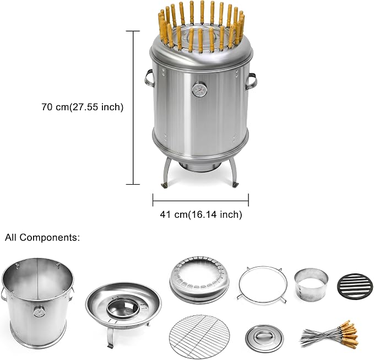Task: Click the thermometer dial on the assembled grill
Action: pos(199,89)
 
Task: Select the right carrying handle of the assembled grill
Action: pos(252,81)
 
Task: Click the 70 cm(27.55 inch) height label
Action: pos(83,107)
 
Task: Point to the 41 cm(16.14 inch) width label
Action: pos(201,214)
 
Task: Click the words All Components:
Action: pos(42,238)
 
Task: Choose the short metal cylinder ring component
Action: pos(311,283)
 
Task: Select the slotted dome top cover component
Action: pos(199,277)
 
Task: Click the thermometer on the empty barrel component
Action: pos(39,312)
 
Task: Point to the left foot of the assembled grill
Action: pos(165,185)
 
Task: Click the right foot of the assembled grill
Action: pos(236,184)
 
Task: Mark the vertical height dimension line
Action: pos(133,108)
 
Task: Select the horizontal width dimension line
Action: pos(200,201)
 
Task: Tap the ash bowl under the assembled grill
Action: pos(199,166)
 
